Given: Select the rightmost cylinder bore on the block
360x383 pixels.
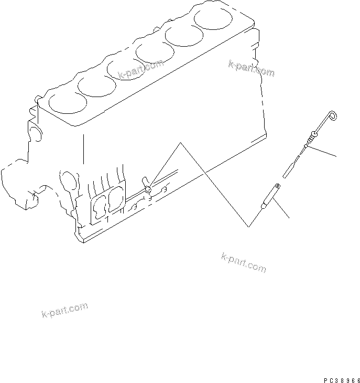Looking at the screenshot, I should [212, 18].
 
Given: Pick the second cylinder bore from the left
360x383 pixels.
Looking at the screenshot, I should [95, 86].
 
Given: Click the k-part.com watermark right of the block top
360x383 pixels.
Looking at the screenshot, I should [251, 69].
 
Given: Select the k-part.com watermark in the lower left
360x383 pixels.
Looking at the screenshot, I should [64, 310].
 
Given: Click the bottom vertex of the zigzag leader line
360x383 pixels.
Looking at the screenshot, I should [249, 227].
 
